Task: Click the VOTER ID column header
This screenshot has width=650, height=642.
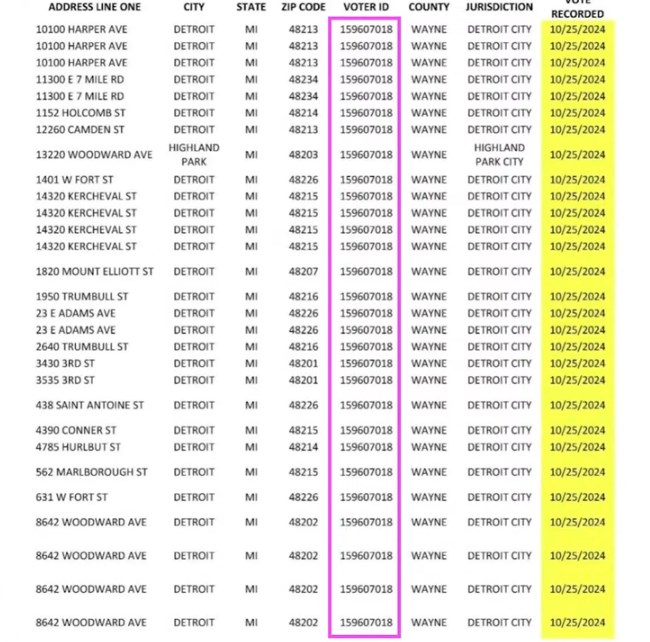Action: point(365,8)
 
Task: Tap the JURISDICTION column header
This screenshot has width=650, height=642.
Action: point(499,8)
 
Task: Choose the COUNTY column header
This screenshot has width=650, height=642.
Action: point(429,8)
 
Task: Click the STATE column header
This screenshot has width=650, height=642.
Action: point(251,8)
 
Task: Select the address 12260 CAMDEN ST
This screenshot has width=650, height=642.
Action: point(80,129)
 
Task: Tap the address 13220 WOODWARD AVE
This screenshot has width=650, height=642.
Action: point(93,155)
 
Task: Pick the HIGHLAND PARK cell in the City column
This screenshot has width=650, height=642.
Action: point(194,154)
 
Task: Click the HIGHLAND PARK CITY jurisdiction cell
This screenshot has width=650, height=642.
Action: point(499,154)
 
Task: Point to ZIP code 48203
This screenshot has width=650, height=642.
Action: point(303,155)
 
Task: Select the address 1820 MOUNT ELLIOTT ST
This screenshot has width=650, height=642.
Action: point(95,272)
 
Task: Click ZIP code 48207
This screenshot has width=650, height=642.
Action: point(303,272)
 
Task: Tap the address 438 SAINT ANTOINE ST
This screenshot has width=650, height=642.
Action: point(90,405)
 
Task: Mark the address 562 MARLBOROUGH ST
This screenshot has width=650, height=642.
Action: point(92,472)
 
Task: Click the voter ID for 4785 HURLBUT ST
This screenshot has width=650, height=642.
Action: point(366,447)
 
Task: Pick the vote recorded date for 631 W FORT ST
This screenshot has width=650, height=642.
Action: point(578,497)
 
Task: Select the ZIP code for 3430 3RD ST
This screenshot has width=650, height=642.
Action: point(303,363)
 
